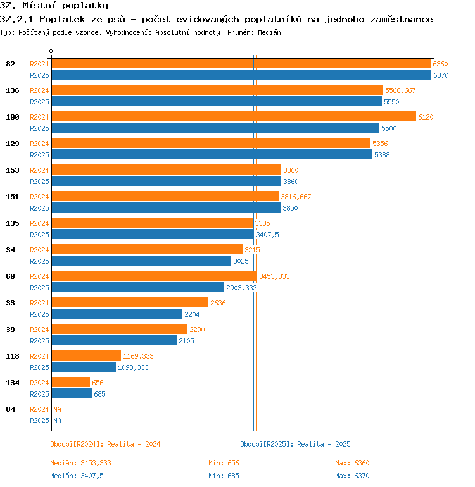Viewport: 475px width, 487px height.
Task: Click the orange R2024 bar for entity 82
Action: pos(241,64)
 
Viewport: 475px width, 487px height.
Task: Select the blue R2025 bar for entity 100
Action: pos(215,128)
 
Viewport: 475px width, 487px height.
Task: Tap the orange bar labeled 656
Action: pos(70,383)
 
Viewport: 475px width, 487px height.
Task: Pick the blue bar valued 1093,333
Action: pos(84,367)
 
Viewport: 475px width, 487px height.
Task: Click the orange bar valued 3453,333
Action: pos(155,276)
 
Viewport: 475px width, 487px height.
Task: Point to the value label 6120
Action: pos(426,117)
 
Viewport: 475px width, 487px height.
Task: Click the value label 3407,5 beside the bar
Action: pos(267,235)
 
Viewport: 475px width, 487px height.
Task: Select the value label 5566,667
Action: pos(400,90)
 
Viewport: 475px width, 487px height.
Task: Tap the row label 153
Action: pos(13,170)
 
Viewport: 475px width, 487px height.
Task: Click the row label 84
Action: pos(10,409)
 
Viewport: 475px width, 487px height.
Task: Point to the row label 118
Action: pos(13,356)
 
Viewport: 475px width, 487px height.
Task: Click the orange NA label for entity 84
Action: pos(57,409)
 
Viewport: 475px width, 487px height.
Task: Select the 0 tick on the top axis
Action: pos(51,51)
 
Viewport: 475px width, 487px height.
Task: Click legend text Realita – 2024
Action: pos(134,444)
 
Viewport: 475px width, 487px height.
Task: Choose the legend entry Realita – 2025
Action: pos(324,444)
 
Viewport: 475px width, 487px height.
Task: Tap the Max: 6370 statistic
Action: pos(352,476)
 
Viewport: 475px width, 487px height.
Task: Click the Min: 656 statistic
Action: pos(224,463)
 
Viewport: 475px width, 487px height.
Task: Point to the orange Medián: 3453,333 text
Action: pos(80,463)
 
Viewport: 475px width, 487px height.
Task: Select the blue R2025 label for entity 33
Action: pos(39,314)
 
